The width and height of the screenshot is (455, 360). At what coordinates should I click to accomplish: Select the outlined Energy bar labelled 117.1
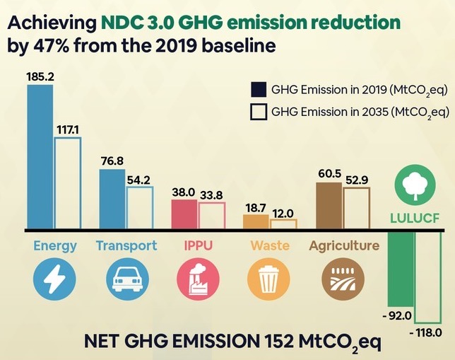(68, 183)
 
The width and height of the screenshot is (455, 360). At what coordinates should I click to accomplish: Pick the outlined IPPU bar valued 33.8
(211, 216)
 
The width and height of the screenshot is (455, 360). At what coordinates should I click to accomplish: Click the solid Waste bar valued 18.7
(256, 222)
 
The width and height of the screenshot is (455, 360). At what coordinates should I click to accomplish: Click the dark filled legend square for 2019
(259, 89)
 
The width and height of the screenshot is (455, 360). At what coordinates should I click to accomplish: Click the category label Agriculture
(344, 246)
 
